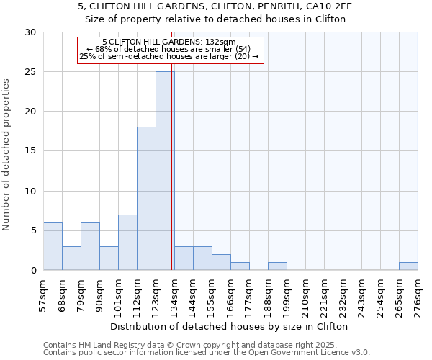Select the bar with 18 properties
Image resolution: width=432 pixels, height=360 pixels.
coord(146,199)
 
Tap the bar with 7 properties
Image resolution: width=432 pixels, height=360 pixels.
coord(127,242)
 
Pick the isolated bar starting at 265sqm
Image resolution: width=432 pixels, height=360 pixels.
coord(408,266)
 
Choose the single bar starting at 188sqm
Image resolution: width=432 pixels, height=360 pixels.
coord(277,266)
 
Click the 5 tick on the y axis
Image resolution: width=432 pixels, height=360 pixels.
coord(33,230)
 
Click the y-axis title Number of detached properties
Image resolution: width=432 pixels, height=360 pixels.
coord(7,155)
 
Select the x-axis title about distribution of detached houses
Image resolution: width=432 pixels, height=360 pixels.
coord(230,326)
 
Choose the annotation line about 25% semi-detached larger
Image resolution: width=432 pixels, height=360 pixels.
coord(170,56)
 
